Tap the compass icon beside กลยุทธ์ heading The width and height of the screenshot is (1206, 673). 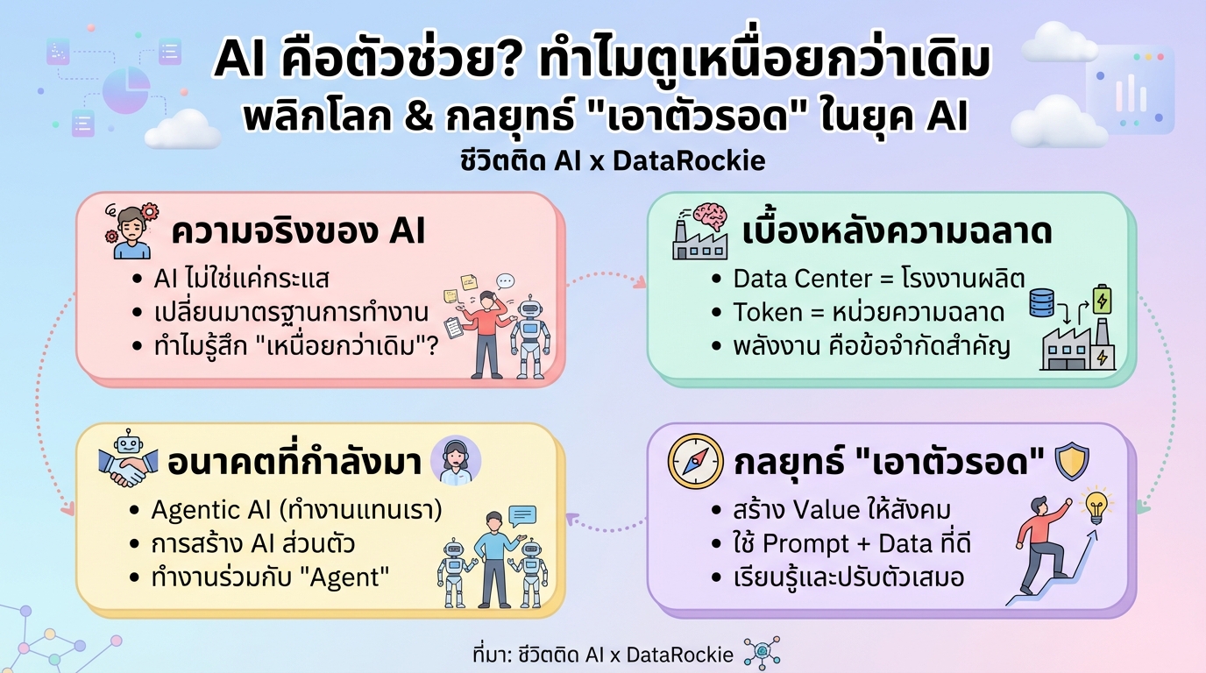pyautogui.click(x=695, y=461)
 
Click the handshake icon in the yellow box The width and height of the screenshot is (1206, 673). pyautogui.click(x=128, y=465)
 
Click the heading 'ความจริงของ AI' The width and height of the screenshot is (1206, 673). pyautogui.click(x=298, y=232)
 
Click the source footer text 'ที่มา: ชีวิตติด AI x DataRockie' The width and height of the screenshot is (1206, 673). pyautogui.click(x=602, y=655)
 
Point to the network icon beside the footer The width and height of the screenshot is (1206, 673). pyautogui.click(x=761, y=654)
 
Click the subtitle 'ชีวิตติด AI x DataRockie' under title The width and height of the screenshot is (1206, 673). pyautogui.click(x=603, y=161)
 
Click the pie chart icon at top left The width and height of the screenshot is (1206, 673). pyautogui.click(x=125, y=90)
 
